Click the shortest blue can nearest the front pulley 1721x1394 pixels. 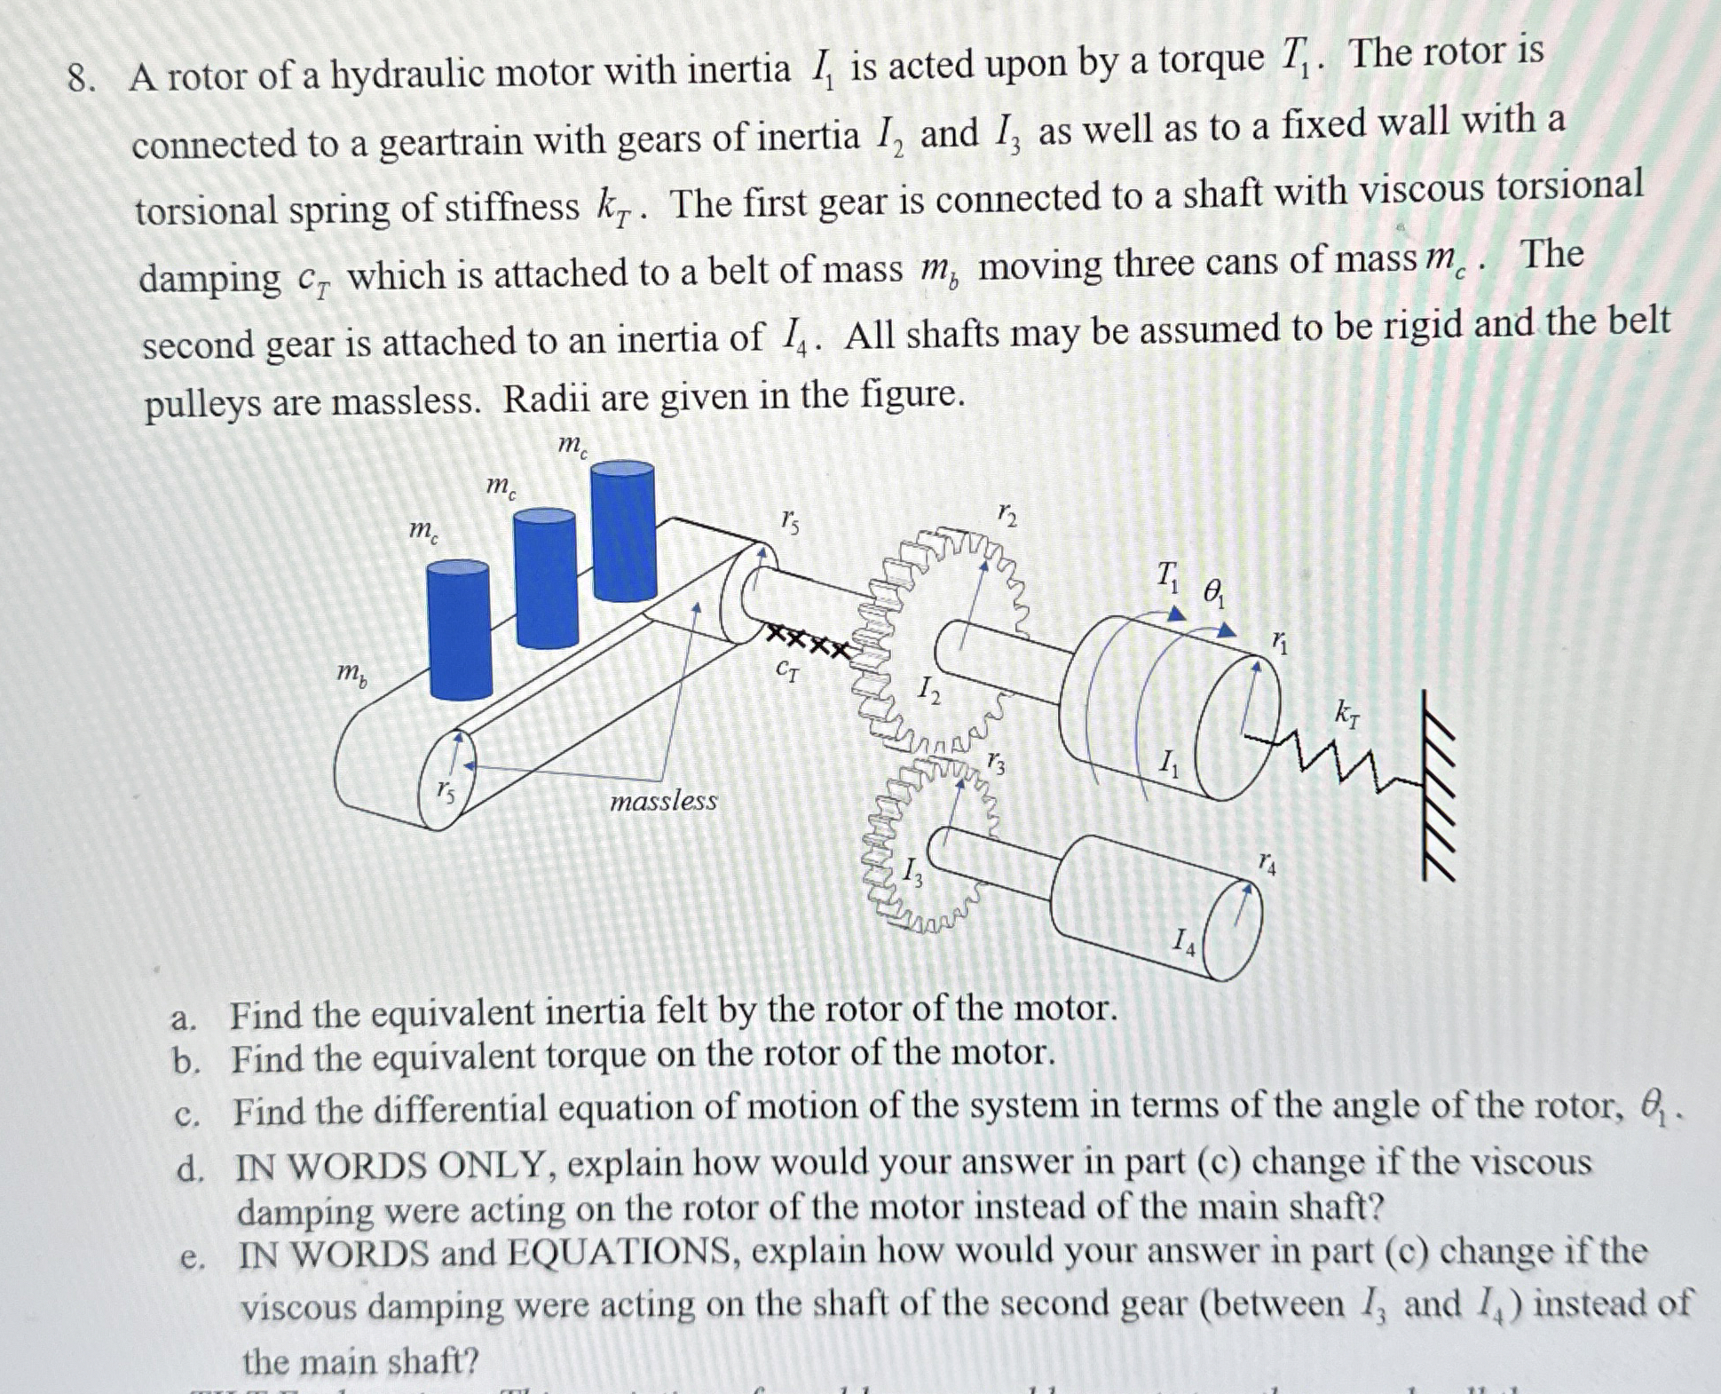point(459,630)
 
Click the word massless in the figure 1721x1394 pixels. point(663,802)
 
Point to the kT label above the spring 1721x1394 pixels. point(1346,712)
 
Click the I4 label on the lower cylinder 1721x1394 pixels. point(1184,939)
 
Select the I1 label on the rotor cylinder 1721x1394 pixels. point(1170,762)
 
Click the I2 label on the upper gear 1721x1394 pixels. point(928,688)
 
